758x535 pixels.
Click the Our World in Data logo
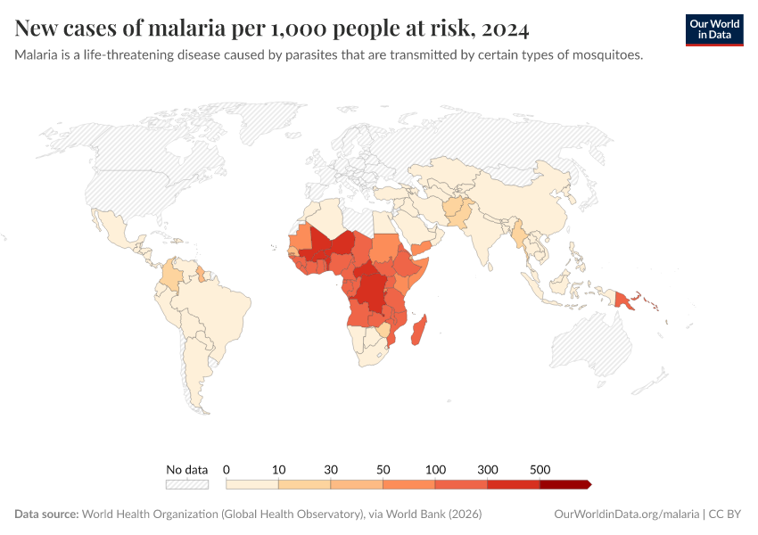(713, 29)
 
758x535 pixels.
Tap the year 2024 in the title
(506, 29)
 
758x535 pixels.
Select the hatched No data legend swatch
(187, 484)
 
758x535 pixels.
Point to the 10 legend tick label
(279, 469)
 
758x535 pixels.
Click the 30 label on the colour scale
(331, 469)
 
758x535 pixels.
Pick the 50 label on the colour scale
(383, 469)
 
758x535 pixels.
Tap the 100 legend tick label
(436, 469)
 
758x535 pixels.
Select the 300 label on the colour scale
(488, 469)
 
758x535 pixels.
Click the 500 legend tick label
(540, 469)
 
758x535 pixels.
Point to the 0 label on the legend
(227, 469)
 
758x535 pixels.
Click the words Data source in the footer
(46, 514)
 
